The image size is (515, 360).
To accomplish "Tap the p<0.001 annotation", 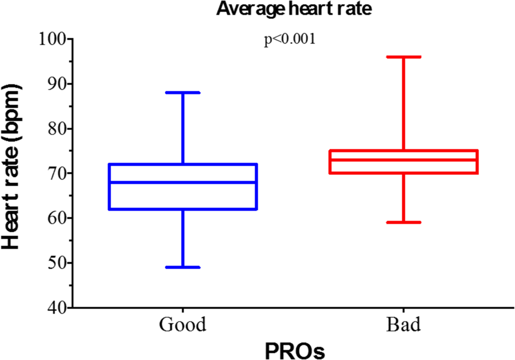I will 289,41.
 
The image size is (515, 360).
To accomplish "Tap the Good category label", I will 183,325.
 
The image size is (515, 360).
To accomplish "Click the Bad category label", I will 403,325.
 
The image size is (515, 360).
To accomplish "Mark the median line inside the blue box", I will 183,182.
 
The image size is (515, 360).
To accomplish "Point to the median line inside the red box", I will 403,160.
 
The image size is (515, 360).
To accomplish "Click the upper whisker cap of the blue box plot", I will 183,93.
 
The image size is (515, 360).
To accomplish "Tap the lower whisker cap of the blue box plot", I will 183,267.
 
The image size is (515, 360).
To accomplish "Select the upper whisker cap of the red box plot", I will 403,57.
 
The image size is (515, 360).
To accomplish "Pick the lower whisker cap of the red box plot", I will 403,222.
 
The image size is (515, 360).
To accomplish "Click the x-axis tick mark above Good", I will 183,311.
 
